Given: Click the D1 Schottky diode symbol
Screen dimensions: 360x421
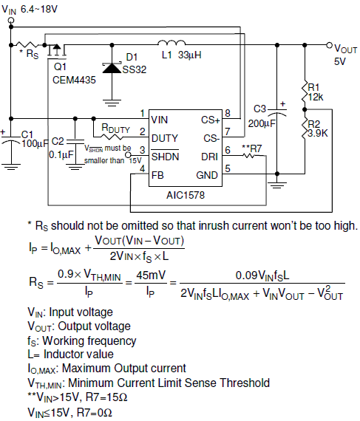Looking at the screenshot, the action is (112, 68).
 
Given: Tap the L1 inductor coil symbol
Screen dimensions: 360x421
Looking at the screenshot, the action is (171, 43).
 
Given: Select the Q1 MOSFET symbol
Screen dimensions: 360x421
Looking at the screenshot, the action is (56, 51).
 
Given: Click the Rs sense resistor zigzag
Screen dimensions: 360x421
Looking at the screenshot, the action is (27, 44).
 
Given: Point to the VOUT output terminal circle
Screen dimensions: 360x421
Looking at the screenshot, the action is (330, 45).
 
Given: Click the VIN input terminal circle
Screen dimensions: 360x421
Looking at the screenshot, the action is (11, 20).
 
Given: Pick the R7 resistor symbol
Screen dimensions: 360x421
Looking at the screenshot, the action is (249, 155).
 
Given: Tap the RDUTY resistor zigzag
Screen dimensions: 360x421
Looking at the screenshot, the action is (112, 137).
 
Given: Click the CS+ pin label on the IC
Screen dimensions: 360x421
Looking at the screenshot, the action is (211, 120).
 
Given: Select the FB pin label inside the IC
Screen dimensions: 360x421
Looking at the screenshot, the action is (157, 175).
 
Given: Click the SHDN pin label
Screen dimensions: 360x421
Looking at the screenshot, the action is (165, 157).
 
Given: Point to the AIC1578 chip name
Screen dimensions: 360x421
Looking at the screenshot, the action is (186, 195).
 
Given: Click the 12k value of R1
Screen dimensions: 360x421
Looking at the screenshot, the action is (316, 97).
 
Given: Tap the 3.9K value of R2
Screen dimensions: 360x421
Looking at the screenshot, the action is (318, 133).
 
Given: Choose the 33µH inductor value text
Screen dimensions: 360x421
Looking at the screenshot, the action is (190, 55).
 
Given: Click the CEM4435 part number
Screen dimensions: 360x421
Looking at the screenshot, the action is (74, 80).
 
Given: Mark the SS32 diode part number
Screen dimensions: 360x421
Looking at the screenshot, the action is (135, 70).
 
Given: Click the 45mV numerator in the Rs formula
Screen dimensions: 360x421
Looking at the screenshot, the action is (151, 275).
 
